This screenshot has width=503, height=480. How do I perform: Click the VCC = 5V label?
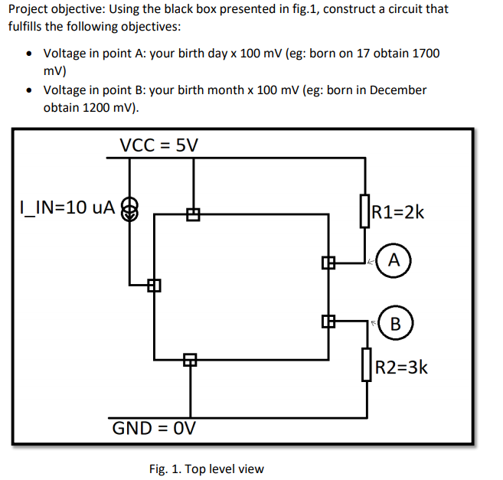coord(158,145)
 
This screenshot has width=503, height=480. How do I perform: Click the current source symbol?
coord(130,207)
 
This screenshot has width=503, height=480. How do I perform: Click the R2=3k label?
coord(398,367)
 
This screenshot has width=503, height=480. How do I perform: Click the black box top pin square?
coord(192,215)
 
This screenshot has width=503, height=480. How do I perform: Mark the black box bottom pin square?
coord(188,359)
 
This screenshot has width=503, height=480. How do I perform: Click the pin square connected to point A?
coord(329,263)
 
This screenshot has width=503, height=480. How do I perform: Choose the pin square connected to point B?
coord(329,322)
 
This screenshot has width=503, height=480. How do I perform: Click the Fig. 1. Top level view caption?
coord(206,469)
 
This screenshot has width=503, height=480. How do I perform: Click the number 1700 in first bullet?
coord(426,54)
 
